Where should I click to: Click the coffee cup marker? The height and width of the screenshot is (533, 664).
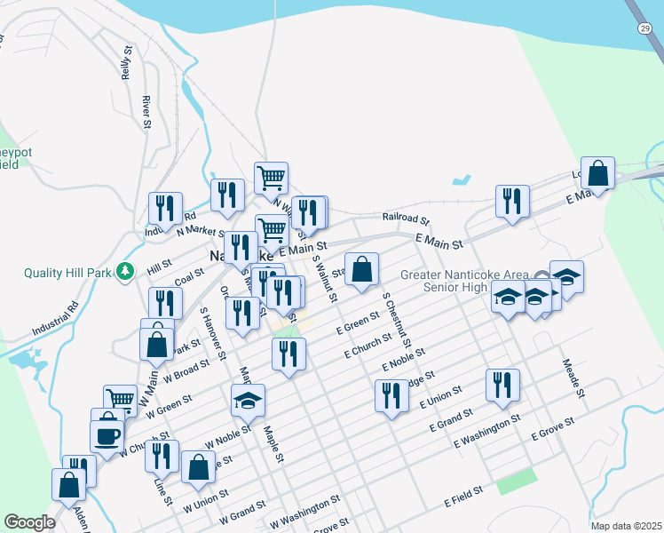[107, 435]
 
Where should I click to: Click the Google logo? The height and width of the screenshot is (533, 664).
[29, 522]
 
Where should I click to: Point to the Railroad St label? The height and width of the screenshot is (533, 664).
[406, 218]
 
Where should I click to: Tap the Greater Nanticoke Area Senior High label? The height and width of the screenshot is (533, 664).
[463, 281]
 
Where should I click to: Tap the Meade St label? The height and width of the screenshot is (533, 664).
[573, 378]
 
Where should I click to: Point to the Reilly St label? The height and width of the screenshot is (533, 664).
[128, 64]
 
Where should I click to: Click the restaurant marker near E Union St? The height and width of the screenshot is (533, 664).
[391, 395]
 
